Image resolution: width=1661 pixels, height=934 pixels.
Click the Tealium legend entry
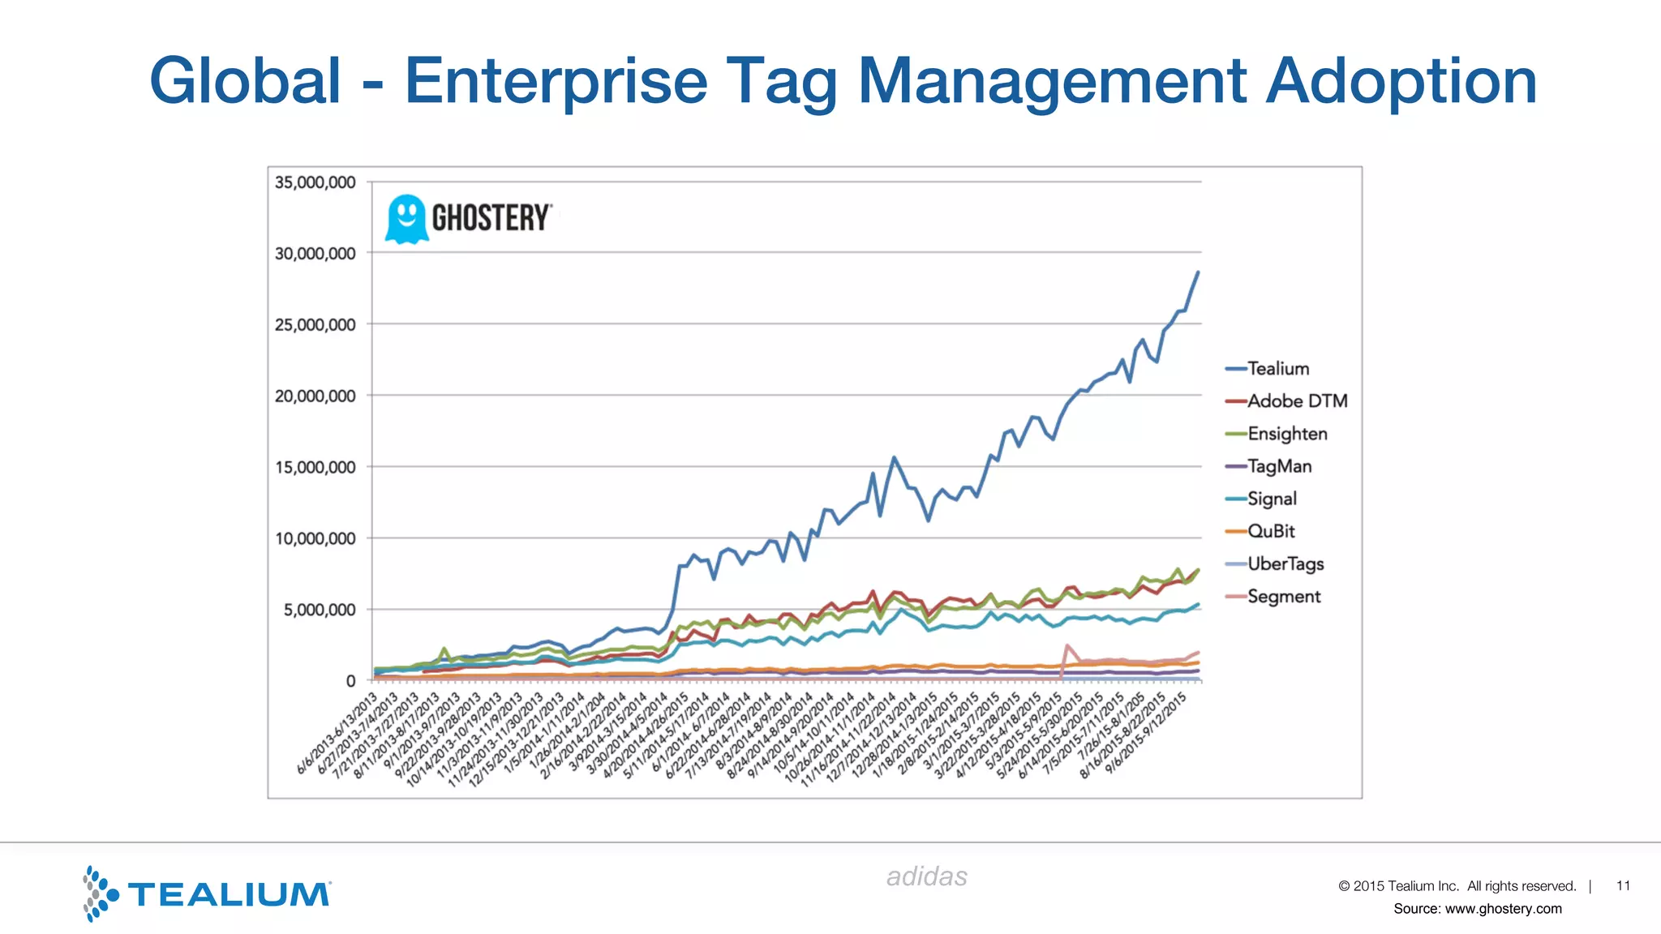(1277, 369)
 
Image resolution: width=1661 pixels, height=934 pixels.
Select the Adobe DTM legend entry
(1296, 401)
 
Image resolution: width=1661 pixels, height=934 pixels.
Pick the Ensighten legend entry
(1286, 434)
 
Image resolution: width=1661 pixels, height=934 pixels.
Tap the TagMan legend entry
(1279, 466)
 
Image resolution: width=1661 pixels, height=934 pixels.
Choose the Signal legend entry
(1271, 499)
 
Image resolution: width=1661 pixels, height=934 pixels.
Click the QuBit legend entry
(1270, 531)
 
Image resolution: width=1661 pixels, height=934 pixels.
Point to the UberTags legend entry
(1285, 563)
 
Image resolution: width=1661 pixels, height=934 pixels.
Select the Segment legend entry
(1283, 597)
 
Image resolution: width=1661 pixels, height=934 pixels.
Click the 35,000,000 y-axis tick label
(315, 182)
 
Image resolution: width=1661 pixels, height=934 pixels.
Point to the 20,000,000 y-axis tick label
(315, 396)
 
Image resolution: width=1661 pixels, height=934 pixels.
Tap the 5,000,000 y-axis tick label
(319, 610)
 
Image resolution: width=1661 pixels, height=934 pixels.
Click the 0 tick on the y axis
(350, 681)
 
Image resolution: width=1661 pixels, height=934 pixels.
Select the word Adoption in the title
(1401, 81)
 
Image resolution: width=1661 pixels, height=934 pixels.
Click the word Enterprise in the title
(556, 81)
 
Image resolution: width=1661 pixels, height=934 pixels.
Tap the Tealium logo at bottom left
(207, 893)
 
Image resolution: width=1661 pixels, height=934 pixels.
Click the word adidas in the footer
(926, 876)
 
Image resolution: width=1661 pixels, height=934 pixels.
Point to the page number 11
(1623, 885)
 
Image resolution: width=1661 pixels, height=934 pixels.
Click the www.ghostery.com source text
(1503, 909)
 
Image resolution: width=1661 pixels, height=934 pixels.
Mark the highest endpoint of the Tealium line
(1198, 272)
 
